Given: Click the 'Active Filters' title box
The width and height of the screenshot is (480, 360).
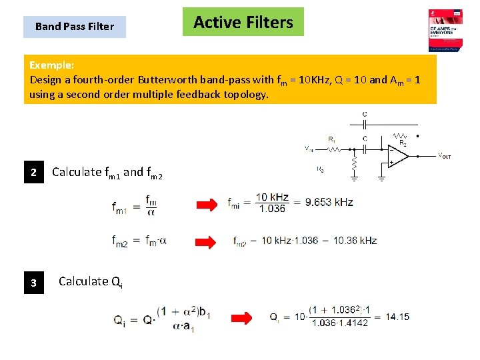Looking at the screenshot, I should pyautogui.click(x=243, y=22).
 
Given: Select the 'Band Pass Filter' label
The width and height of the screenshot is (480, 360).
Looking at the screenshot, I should pyautogui.click(x=74, y=27).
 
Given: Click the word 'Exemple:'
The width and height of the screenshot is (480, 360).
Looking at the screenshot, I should pyautogui.click(x=52, y=65).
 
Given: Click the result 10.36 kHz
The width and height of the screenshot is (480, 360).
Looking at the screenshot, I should pyautogui.click(x=355, y=241).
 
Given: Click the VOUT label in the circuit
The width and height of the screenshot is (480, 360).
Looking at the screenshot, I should pyautogui.click(x=444, y=156).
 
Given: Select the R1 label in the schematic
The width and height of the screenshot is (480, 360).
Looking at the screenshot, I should pyautogui.click(x=331, y=139).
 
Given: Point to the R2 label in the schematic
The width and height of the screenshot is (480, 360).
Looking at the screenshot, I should pyautogui.click(x=403, y=143).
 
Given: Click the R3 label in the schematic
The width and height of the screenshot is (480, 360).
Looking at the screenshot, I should pyautogui.click(x=320, y=169).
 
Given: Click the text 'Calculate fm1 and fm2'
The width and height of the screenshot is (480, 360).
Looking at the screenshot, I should pyautogui.click(x=107, y=173).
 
